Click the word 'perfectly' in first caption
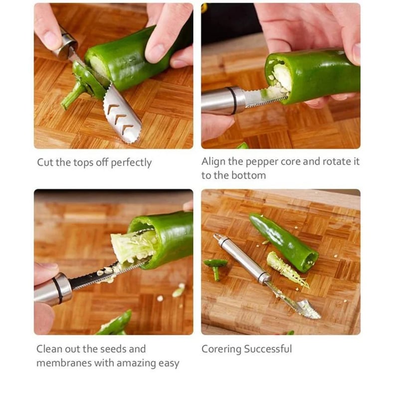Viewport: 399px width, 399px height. [x=131, y=163]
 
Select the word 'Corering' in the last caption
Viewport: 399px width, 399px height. [x=221, y=349]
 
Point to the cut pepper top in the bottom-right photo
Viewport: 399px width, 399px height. [x=215, y=266]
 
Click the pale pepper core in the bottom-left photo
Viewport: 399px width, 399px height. [x=132, y=247]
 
